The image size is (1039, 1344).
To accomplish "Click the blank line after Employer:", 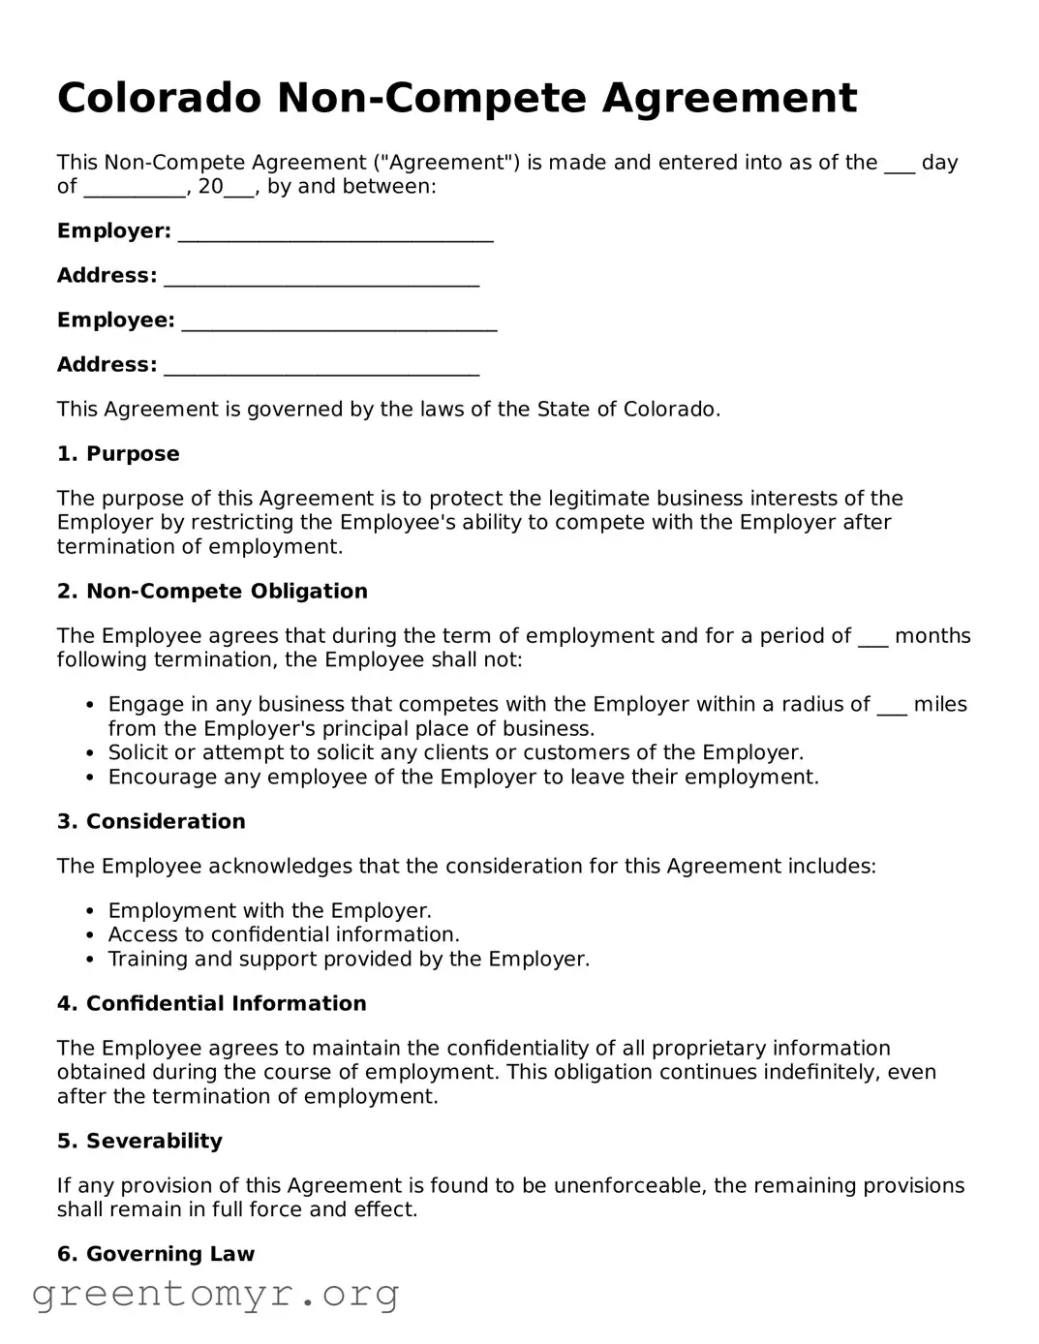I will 336,235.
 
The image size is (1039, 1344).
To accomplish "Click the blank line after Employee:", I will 339,324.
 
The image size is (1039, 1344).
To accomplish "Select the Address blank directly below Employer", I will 321,280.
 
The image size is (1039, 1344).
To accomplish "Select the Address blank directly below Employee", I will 321,369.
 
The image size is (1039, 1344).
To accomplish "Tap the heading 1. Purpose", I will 118,454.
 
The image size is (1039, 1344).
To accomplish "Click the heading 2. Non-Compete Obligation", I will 212,592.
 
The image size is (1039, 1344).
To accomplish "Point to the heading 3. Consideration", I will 151,822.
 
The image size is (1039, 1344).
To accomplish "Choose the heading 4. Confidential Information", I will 211,1004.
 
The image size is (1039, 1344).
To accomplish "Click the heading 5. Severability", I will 139,1142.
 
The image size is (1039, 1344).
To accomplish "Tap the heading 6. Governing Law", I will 155,1255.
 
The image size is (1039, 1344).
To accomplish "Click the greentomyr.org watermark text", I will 215,1294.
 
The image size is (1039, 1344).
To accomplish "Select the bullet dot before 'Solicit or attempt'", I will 90,753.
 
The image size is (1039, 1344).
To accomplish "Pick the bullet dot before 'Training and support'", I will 90,960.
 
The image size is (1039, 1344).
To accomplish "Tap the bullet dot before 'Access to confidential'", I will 90,935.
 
